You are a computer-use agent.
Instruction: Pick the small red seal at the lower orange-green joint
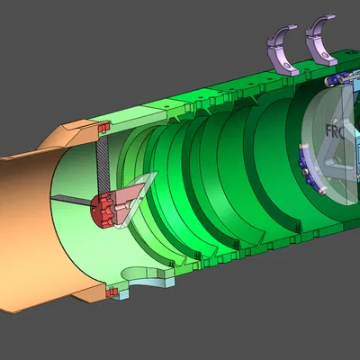(112, 291)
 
